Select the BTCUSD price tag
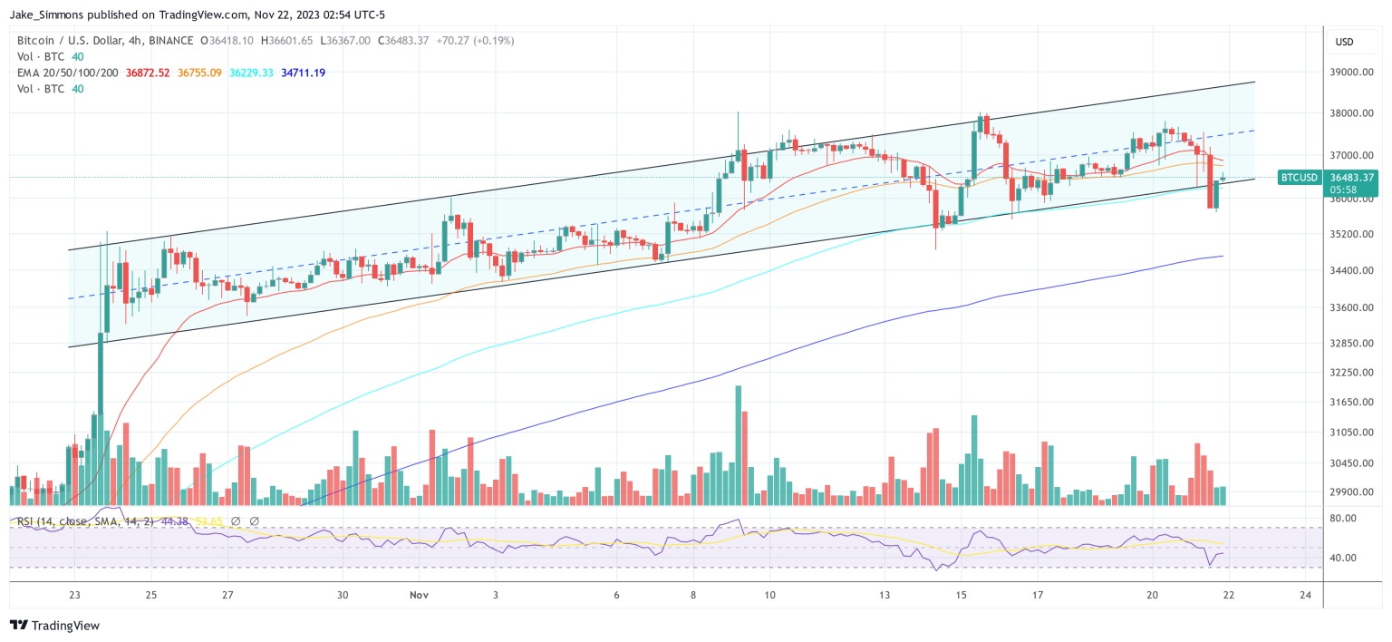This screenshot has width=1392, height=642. tap(1298, 178)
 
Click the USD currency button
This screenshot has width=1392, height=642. tap(1344, 42)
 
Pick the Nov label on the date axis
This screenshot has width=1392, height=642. tap(418, 596)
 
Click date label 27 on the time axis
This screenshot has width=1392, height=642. tap(227, 596)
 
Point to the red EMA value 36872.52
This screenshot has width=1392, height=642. tap(149, 73)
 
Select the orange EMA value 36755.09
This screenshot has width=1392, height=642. tap(200, 73)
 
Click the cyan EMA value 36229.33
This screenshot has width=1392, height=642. tap(251, 73)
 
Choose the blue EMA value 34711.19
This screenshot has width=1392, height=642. tap(303, 73)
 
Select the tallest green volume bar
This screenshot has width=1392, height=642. tap(738, 444)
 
